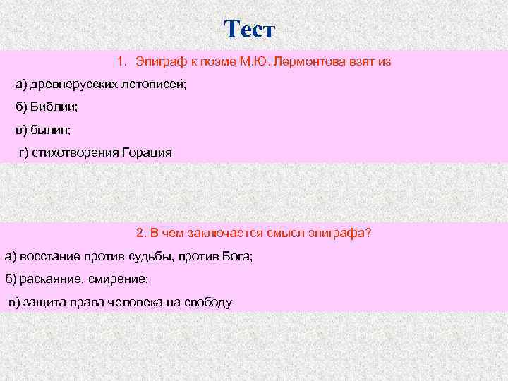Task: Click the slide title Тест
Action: (250, 30)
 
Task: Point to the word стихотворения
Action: (75, 152)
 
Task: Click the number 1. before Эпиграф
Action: (122, 62)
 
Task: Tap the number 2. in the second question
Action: (140, 233)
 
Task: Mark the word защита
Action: (42, 302)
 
